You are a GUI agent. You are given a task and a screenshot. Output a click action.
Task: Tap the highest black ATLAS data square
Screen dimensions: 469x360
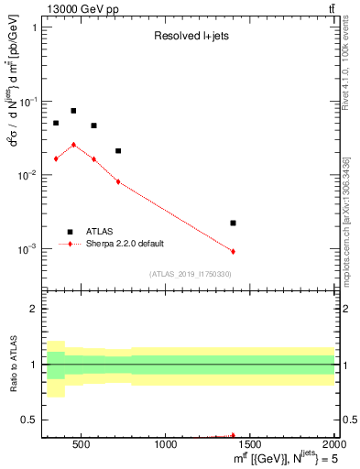pos(73,111)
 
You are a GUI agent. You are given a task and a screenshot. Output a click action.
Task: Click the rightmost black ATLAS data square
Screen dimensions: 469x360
pos(233,223)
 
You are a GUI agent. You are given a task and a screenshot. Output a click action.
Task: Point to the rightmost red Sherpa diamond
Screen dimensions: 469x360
pos(233,251)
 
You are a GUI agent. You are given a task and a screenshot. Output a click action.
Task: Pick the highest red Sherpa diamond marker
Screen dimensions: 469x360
pos(73,145)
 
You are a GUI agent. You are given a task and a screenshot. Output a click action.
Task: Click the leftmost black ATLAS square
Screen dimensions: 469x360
pos(56,123)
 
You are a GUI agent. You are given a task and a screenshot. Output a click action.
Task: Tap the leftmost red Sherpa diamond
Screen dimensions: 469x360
pos(56,158)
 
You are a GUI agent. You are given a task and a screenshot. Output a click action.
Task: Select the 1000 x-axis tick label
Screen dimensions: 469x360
pos(166,445)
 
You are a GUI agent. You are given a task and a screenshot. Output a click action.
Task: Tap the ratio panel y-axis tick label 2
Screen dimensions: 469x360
pos(35,309)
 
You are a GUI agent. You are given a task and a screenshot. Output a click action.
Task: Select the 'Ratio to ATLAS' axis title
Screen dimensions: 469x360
pos(12,365)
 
